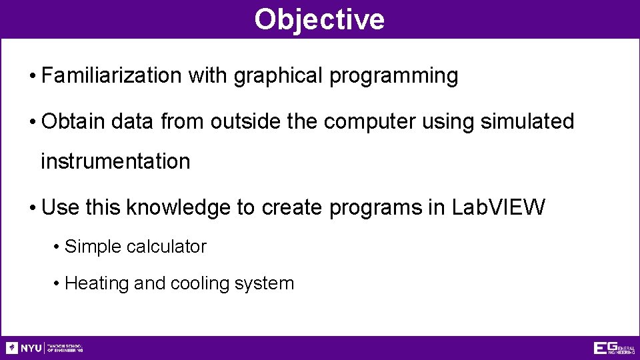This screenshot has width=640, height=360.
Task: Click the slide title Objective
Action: pos(319,19)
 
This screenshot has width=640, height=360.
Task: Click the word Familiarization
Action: pos(111,76)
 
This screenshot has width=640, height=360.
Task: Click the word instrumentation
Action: pos(115,161)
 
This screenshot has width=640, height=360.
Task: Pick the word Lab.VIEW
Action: pos(498,208)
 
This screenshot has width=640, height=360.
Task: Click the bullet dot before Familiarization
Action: pos(32,77)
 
